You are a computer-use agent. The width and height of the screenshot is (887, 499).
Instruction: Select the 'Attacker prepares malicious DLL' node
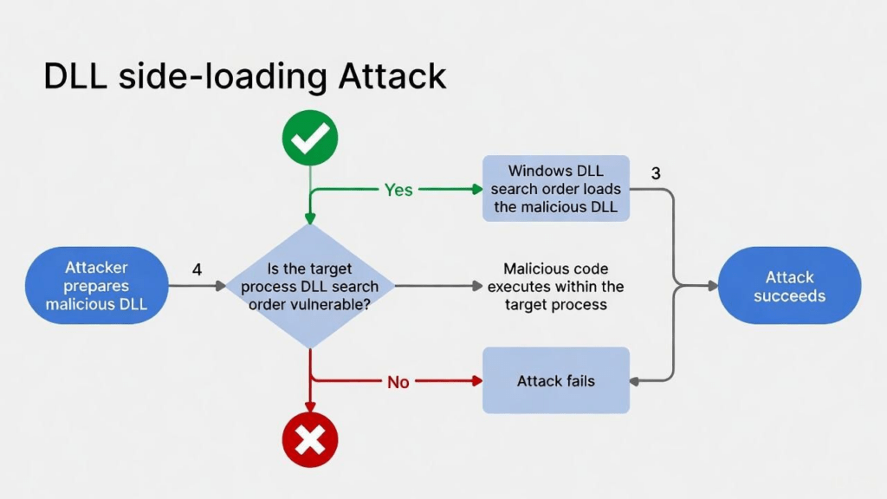point(97,285)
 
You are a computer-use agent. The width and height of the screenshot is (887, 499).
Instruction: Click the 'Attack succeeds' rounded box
point(789,286)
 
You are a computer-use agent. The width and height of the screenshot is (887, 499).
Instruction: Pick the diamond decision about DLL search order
point(310,286)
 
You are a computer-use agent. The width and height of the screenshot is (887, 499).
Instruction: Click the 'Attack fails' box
point(555,380)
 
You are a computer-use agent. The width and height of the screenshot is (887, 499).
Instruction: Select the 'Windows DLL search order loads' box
point(555,189)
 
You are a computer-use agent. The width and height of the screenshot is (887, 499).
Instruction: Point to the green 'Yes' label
point(398,190)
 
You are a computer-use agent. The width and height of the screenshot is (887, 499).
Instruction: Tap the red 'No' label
point(398,381)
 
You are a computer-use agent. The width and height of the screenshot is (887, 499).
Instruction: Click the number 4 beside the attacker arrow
point(197,270)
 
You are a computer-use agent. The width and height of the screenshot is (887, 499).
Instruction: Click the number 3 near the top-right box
point(656,173)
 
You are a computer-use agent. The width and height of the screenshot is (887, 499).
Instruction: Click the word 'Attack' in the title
point(392,77)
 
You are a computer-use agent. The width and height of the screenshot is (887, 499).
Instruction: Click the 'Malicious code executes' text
point(555,287)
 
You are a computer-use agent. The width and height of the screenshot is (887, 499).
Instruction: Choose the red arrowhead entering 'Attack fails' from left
point(476,380)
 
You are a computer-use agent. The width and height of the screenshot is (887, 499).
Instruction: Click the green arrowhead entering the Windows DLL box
point(476,189)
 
